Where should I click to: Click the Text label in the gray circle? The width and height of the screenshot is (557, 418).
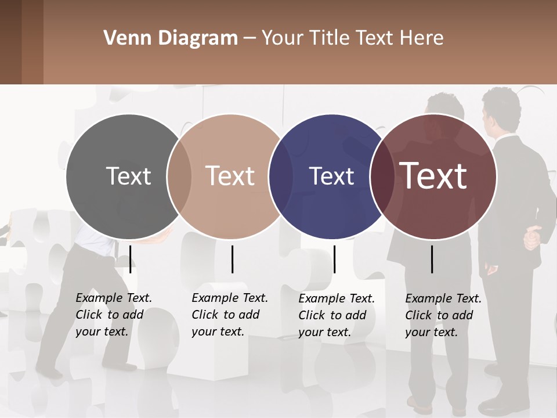click(x=128, y=176)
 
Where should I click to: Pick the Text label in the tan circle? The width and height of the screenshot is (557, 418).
click(x=230, y=176)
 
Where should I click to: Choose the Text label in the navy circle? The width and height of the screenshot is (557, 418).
click(x=331, y=176)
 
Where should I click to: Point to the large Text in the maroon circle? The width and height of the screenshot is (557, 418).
click(x=433, y=176)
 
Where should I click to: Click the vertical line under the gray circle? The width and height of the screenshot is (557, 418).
click(x=131, y=259)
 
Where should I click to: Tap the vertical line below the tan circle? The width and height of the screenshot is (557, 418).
click(x=232, y=259)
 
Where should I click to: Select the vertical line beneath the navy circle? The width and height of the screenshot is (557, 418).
click(x=334, y=259)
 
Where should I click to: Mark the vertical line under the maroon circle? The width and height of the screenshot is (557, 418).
click(x=432, y=259)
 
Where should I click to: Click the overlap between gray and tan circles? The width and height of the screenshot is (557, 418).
click(x=179, y=176)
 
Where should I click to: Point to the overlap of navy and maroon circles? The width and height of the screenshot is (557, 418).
click(x=382, y=176)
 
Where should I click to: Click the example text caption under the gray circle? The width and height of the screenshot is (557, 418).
click(x=113, y=315)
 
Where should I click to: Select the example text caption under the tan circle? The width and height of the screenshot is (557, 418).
click(x=229, y=315)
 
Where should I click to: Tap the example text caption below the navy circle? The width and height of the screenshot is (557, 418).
click(x=337, y=315)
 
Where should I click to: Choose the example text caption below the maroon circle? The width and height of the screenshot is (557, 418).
click(x=443, y=315)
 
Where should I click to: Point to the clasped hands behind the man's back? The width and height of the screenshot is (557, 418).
click(x=531, y=237)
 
